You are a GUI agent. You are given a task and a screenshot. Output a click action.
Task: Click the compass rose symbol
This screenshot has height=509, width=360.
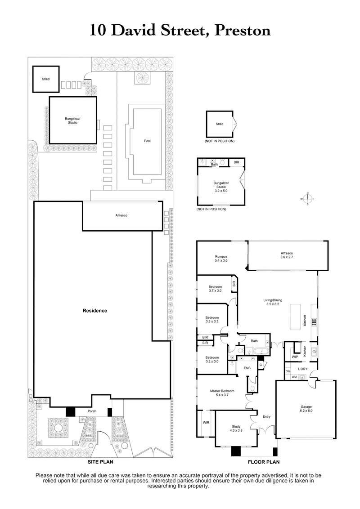[307, 199]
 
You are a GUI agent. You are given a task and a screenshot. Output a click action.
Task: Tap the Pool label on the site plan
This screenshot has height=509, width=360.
[147, 141]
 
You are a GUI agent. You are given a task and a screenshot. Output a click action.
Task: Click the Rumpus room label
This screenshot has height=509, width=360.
[221, 259]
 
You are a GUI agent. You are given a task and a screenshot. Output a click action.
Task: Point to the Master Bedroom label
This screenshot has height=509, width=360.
[222, 393]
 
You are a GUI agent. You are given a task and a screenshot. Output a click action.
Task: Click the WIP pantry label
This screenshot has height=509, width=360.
[295, 357]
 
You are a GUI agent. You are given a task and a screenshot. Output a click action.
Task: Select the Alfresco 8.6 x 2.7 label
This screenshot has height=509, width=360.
[287, 255]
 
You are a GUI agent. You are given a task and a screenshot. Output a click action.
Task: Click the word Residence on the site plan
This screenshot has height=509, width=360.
[94, 311]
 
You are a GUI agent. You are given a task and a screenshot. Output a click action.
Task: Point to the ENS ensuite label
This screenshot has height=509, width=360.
[247, 368]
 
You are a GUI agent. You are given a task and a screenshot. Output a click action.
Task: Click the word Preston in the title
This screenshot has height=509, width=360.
[243, 31]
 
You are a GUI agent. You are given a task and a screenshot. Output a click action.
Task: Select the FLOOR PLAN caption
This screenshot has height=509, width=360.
[264, 462]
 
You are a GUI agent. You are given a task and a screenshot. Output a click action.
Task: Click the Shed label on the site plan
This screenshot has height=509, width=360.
[45, 79]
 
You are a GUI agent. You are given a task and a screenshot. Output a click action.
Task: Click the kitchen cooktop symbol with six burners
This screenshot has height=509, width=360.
[313, 322]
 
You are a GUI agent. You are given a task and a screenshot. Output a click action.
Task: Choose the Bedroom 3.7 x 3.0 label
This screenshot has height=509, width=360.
[215, 289]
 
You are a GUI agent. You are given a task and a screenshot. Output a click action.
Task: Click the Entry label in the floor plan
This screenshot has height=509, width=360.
[266, 417]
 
